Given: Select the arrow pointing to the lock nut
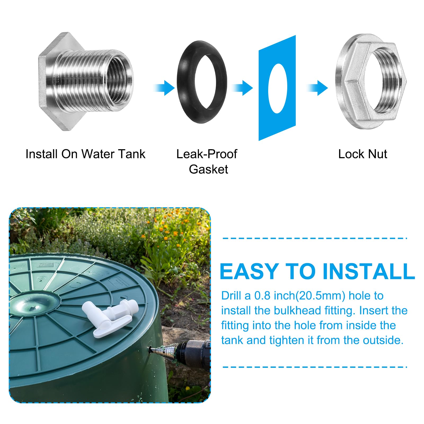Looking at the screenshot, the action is pyautogui.click(x=317, y=88).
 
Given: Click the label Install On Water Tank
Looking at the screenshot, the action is pyautogui.click(x=85, y=154).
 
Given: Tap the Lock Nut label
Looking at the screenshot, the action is pyautogui.click(x=363, y=154).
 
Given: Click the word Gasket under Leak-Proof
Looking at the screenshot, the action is pyautogui.click(x=208, y=169).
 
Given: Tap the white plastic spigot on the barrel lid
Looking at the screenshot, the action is pyautogui.click(x=110, y=317).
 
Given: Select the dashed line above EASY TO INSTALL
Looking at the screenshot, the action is pyautogui.click(x=315, y=238).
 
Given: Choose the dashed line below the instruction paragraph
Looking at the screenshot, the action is pyautogui.click(x=315, y=367).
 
